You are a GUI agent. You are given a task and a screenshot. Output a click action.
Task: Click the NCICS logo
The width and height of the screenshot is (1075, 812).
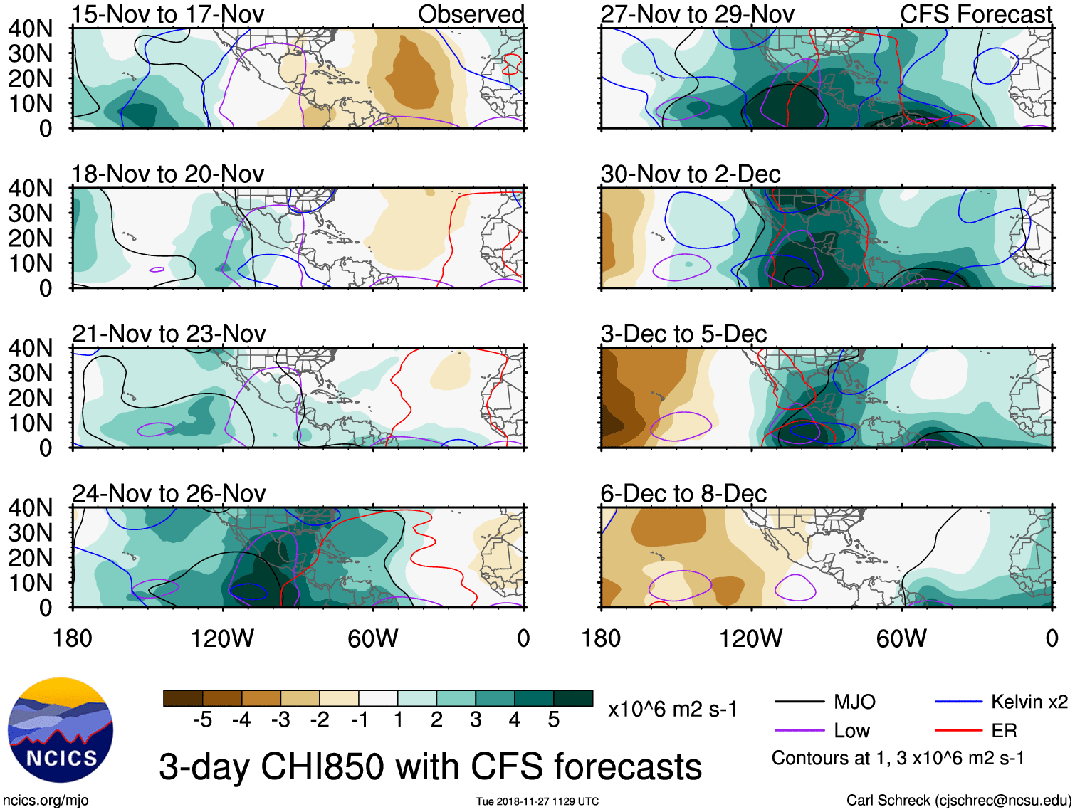coord(60,730)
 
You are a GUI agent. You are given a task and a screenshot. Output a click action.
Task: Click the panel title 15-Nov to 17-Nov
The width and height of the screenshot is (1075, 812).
coord(168,14)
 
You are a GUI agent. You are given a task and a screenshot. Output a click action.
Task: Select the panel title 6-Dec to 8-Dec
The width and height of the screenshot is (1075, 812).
coord(683,494)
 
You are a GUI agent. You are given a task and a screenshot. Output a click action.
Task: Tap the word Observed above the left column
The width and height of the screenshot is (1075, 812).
coord(471,14)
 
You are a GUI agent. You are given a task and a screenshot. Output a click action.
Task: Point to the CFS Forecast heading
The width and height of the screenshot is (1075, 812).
coord(975,14)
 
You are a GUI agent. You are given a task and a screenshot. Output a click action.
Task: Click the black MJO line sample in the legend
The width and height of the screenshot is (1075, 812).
coord(799,702)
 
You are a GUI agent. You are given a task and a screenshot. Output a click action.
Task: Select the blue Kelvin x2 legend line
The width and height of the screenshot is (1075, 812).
coord(958,702)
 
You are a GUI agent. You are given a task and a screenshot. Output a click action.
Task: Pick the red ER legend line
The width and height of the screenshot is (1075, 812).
coord(958,730)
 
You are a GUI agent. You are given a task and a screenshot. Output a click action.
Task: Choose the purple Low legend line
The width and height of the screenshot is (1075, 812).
coord(799,730)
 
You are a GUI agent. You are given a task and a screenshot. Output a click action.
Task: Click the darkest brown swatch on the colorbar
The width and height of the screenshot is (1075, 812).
coord(183,698)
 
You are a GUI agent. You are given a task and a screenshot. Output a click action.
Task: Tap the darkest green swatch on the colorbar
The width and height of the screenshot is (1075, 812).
coord(573,698)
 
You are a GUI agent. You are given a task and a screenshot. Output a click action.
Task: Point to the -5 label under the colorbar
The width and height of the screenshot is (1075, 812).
coord(202,720)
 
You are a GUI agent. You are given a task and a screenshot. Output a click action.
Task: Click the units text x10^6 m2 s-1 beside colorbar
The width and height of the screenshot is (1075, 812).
coord(673,710)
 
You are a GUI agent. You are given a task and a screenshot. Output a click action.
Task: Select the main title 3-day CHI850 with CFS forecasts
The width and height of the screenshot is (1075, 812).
coord(430,767)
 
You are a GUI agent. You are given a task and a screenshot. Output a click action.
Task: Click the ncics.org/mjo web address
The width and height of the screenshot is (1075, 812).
coord(46,801)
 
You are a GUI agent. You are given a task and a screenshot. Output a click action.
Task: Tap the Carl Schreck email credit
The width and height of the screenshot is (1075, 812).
coord(958,801)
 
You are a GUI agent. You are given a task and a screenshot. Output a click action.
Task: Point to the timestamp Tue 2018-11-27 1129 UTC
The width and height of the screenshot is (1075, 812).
coord(537,802)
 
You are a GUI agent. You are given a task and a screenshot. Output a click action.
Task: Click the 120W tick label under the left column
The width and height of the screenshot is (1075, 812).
coord(222,639)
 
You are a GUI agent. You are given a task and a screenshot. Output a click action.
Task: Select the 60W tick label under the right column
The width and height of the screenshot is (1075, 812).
coord(901,639)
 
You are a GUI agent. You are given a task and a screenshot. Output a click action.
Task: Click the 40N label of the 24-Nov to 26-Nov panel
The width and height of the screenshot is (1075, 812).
coord(30,508)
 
